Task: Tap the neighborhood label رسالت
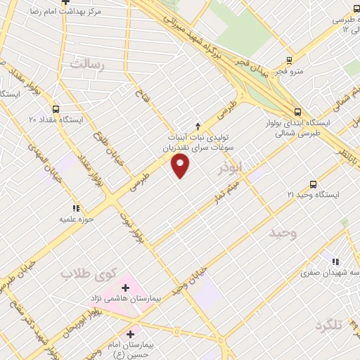[87, 65]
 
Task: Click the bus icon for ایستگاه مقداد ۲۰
[56, 109]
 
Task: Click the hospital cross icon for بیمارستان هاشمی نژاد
[126, 288]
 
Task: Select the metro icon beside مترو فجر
[289, 61]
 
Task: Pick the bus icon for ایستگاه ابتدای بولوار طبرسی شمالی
[298, 111]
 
